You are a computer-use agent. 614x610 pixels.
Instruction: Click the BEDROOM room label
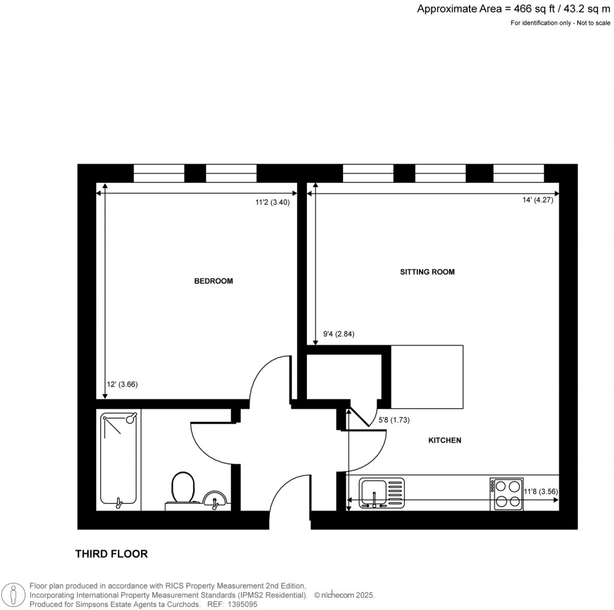pyautogui.click(x=213, y=281)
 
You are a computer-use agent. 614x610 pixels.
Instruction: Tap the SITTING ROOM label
pyautogui.click(x=427, y=272)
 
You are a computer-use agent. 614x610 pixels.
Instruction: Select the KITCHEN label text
pyautogui.click(x=444, y=440)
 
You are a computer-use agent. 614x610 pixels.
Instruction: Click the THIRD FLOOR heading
pyautogui.click(x=111, y=554)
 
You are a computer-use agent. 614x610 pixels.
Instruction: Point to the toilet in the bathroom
pyautogui.click(x=183, y=488)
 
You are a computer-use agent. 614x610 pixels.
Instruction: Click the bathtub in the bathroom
pyautogui.click(x=119, y=458)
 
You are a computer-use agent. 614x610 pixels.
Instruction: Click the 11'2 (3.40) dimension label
pyautogui.click(x=273, y=203)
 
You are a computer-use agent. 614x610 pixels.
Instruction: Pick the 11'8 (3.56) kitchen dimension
pyautogui.click(x=541, y=492)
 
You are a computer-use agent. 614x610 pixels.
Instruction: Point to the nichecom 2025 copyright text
pyautogui.click(x=346, y=595)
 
